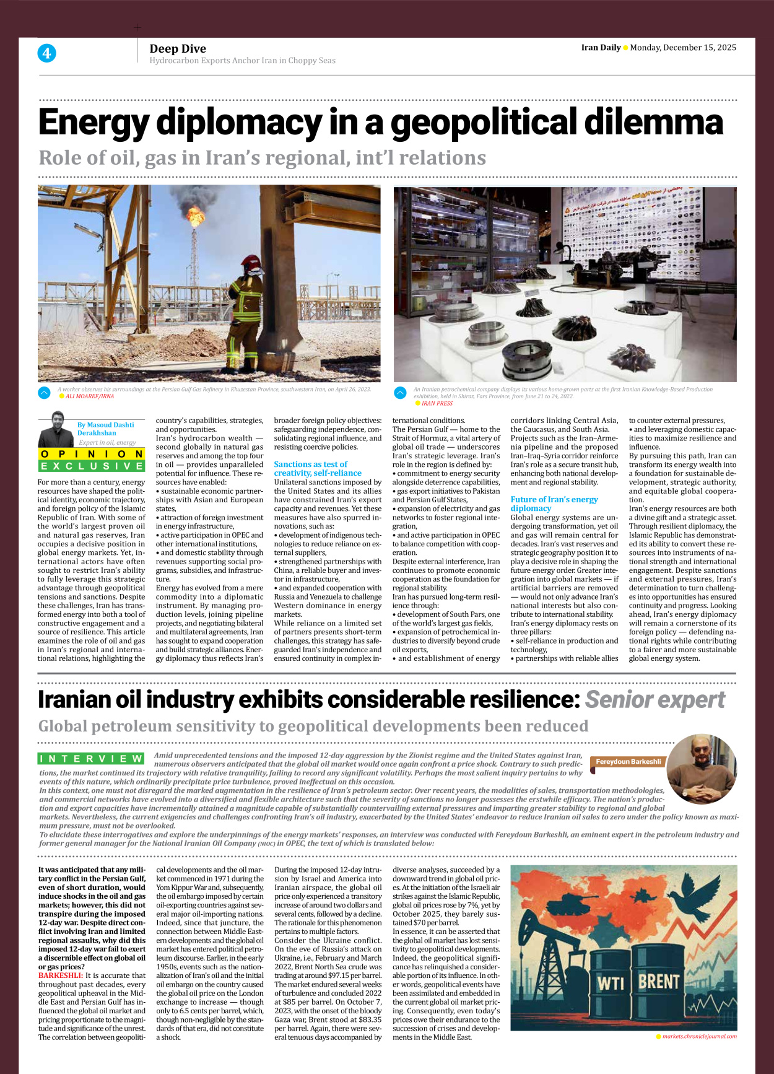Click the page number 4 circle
tap(46, 53)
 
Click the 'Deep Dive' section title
tap(178, 49)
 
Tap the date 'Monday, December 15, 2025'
tap(683, 48)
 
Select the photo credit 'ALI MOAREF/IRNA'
tap(90, 396)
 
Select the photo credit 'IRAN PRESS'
tap(437, 403)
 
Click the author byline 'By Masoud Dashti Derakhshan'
tap(105, 429)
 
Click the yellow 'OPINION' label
tap(92, 454)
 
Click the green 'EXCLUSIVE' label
tap(92, 466)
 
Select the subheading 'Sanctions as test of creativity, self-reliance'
tap(318, 468)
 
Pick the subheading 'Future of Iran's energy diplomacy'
tap(554, 504)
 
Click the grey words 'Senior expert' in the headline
tap(654, 700)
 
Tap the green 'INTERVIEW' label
tap(91, 759)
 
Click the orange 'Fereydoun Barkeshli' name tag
tap(628, 762)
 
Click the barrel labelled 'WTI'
tap(611, 984)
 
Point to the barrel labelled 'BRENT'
tap(659, 982)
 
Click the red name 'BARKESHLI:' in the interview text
tap(61, 976)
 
